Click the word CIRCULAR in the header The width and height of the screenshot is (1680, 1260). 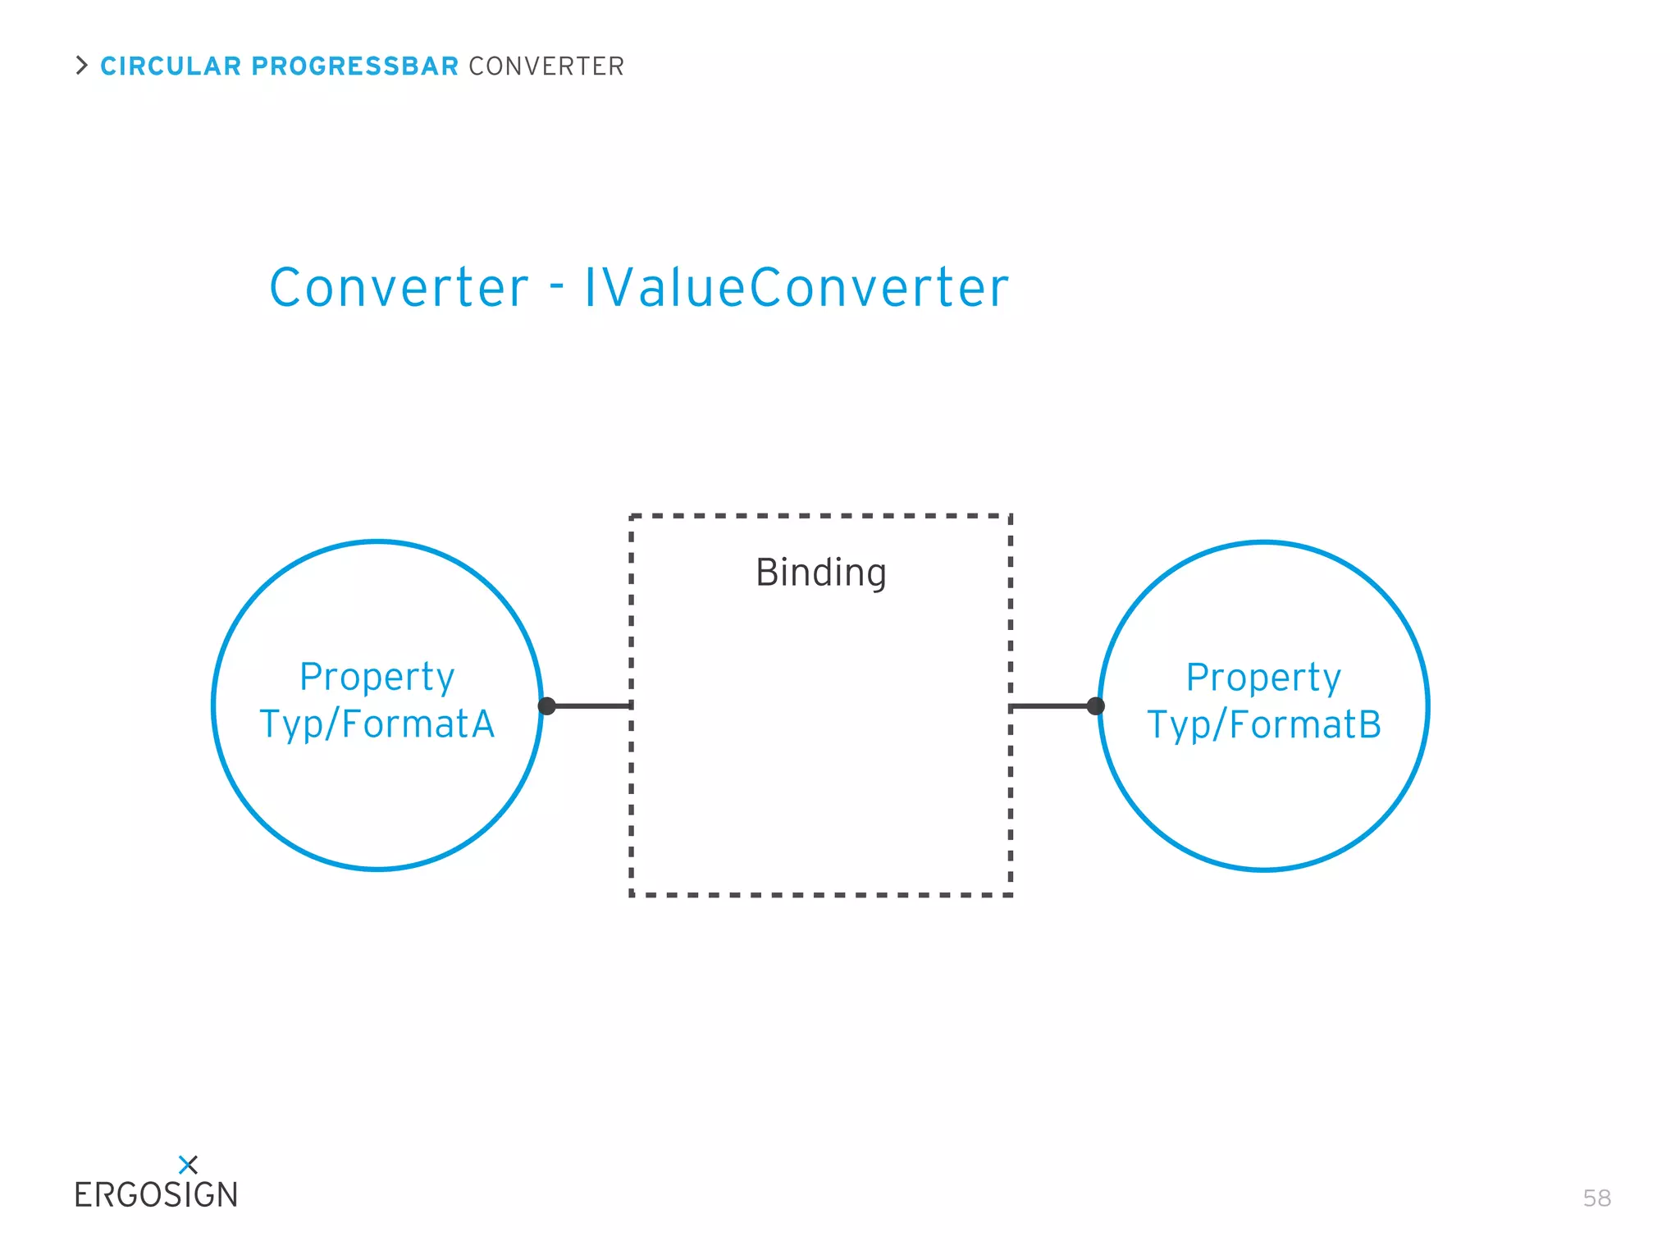coord(171,66)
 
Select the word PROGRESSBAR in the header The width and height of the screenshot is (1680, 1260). coord(354,66)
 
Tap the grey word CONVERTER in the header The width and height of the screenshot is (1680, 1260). coord(546,66)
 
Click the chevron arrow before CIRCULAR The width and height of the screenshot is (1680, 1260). coord(81,66)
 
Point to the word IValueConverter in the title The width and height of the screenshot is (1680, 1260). coord(796,288)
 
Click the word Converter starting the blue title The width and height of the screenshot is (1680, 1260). coord(399,288)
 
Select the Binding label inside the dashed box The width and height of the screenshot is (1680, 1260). coord(820,573)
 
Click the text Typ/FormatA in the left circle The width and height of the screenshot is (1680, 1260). coord(377,724)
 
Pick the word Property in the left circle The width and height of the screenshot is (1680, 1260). coord(377,678)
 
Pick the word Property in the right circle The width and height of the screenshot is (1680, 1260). coord(1263,678)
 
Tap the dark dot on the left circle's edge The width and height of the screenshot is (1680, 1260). coord(547,706)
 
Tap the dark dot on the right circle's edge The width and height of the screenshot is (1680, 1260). coord(1095,706)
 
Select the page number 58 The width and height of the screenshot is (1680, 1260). coord(1596,1198)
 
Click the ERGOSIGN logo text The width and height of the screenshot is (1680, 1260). coord(156,1196)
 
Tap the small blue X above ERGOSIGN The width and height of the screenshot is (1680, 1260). coord(188,1165)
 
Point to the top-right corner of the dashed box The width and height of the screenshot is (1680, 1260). coord(1010,517)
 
